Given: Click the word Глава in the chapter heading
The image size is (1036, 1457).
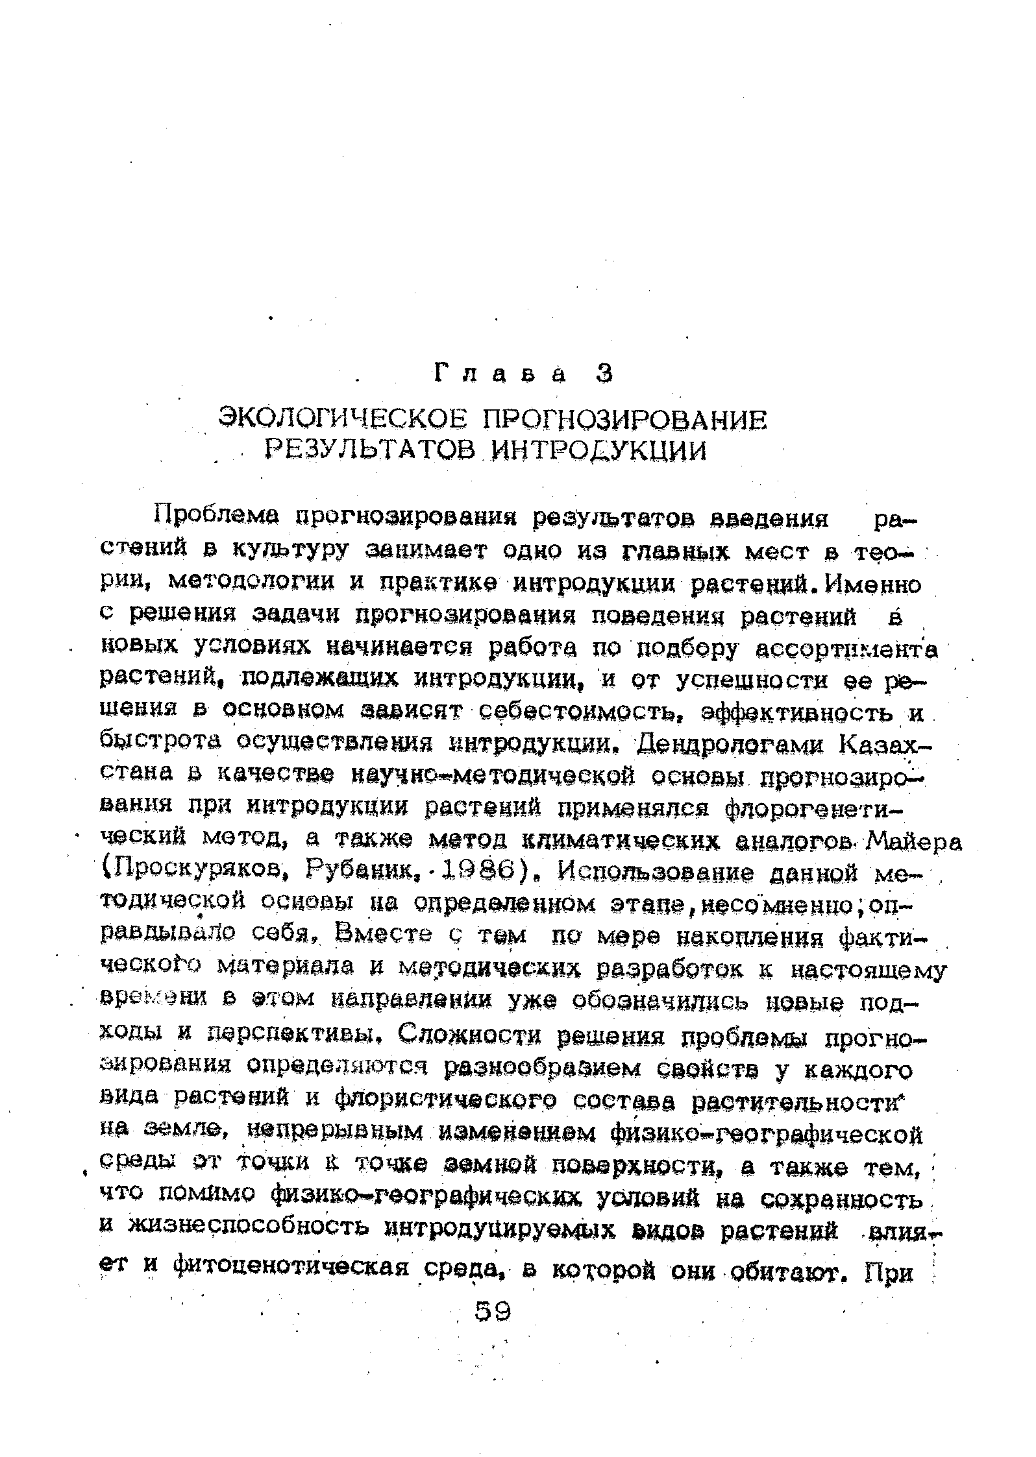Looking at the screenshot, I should click(x=499, y=374).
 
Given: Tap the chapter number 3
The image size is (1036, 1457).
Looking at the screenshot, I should click(x=604, y=374).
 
